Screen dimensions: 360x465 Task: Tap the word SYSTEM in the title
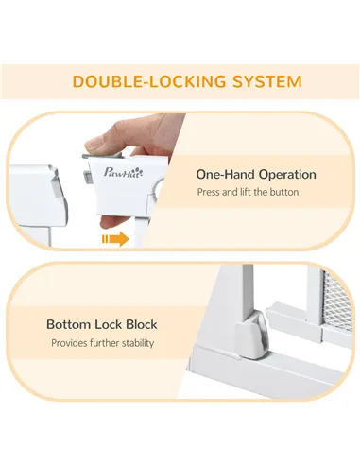(267, 81)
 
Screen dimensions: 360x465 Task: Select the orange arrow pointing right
(115, 239)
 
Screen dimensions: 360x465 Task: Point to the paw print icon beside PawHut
(139, 171)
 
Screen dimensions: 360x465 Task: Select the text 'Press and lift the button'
(248, 192)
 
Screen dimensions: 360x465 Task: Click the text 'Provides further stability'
(103, 343)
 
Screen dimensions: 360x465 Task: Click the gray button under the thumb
(102, 155)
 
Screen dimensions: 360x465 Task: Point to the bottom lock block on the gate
(252, 335)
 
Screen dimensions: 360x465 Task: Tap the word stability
(138, 343)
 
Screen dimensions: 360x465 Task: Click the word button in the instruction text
(283, 192)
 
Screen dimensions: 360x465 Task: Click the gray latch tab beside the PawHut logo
(87, 177)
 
